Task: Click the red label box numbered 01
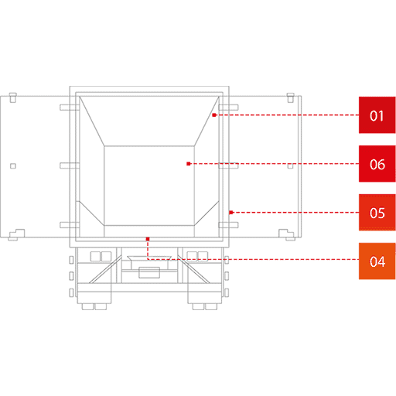point(377,115)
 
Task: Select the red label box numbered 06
point(377,164)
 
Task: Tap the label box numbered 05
point(377,213)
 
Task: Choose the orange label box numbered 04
point(377,261)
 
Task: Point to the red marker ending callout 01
point(214,115)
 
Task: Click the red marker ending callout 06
point(189,164)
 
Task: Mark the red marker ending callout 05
point(231,213)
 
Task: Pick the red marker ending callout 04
point(148,239)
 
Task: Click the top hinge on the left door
point(70,108)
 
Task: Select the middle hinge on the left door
point(70,166)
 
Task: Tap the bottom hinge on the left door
point(70,225)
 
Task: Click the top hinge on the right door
point(228,108)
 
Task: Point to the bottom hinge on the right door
point(228,225)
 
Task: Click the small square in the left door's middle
point(13,166)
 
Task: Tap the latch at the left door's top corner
point(13,97)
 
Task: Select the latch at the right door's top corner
point(291,97)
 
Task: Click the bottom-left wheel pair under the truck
point(94,306)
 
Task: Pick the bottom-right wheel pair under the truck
point(205,306)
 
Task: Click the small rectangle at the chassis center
point(149,273)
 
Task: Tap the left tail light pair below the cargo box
point(101,257)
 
